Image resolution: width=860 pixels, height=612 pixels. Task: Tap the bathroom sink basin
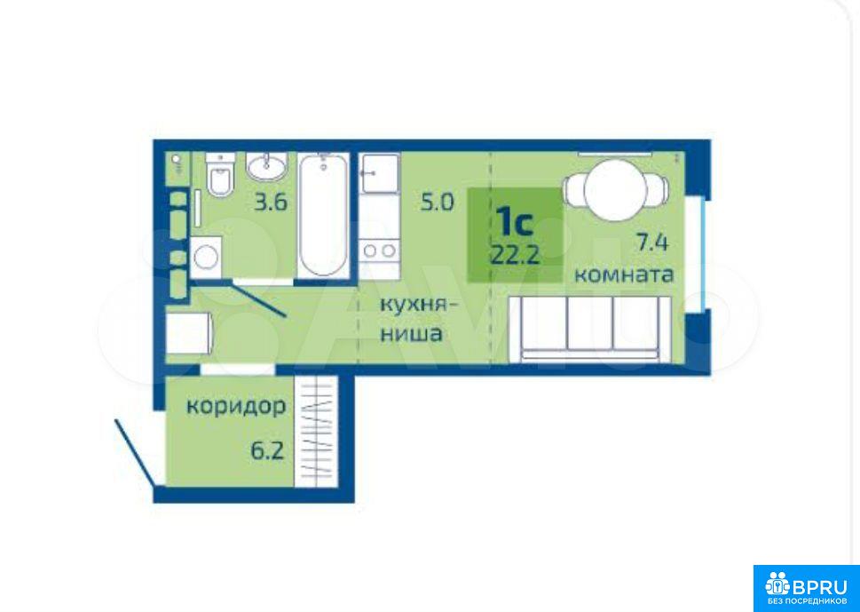pos(266,166)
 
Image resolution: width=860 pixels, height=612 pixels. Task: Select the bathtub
pos(324,215)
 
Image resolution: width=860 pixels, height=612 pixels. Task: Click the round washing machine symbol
pos(206,258)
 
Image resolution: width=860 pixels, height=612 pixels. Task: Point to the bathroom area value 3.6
pos(271,203)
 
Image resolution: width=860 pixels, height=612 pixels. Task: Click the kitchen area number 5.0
pos(438,203)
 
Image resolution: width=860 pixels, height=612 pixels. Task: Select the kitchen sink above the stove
pos(379,173)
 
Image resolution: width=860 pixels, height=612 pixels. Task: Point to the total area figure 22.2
pos(515,255)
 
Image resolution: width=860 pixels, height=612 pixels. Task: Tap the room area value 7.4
pos(652,242)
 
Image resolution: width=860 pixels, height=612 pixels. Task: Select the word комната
pos(624,274)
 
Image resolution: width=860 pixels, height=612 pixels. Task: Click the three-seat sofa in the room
pos(590,329)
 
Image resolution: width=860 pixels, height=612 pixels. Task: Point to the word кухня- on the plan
pos(418,304)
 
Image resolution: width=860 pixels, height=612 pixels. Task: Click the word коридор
pos(236,408)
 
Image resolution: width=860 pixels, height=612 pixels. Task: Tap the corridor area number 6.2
pos(267,451)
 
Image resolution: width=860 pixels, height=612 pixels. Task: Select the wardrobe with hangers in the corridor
pos(315,431)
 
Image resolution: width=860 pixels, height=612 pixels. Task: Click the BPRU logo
pos(806,588)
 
